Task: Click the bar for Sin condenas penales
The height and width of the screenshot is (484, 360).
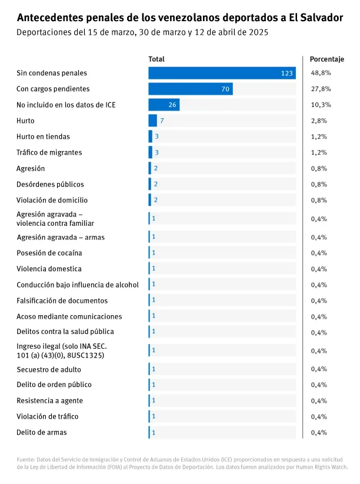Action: coord(221,73)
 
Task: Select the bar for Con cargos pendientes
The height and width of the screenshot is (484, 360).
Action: coord(190,89)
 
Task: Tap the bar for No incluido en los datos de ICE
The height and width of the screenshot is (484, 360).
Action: coord(164,105)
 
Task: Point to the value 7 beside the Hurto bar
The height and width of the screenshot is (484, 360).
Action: coord(161,121)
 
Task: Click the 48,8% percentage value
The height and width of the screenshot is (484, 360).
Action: coord(321,73)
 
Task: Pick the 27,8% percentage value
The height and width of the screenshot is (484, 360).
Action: coord(321,89)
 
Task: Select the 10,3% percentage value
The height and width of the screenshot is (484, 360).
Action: coord(321,105)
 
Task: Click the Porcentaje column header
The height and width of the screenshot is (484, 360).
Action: coord(326,59)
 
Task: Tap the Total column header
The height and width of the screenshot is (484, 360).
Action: coord(156,59)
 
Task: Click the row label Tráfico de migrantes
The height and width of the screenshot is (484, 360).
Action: coord(49,152)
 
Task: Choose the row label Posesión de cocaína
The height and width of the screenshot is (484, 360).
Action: coord(49,253)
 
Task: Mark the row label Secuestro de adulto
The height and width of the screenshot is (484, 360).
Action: coord(49,369)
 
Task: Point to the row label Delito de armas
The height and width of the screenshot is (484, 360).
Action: coord(41,432)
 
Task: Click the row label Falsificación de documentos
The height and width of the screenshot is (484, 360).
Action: coord(62,301)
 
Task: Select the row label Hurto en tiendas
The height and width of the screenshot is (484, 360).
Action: coord(43,136)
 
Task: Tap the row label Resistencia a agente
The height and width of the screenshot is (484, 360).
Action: coord(49,400)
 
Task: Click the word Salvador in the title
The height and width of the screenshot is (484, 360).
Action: coord(321,18)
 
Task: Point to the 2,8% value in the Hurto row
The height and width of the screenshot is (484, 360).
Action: coord(319,121)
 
